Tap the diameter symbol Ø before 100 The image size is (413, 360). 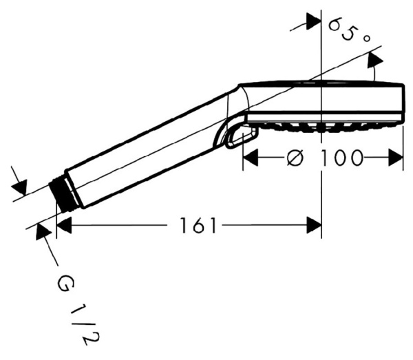(x=293, y=158)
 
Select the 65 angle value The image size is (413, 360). (x=346, y=28)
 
